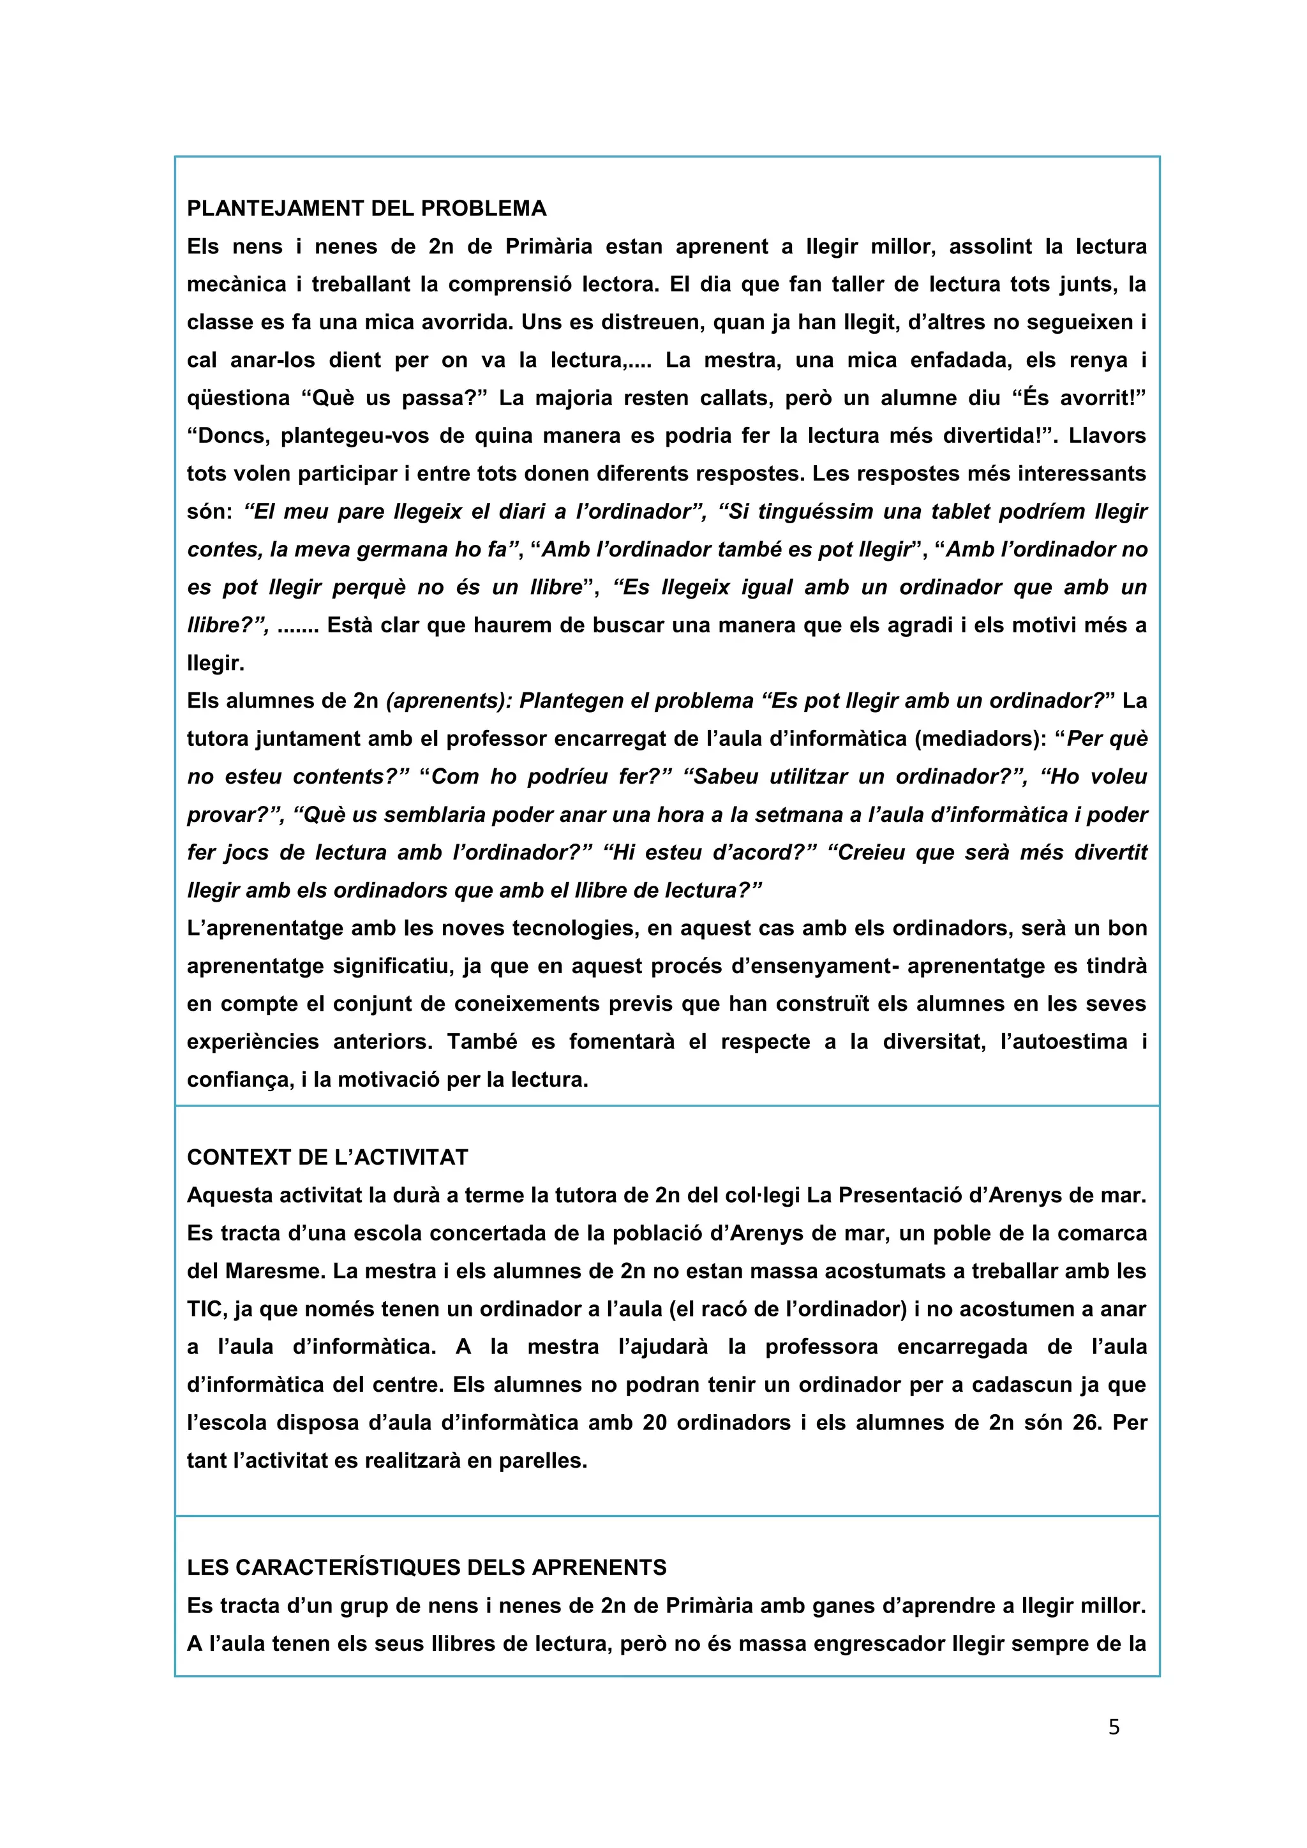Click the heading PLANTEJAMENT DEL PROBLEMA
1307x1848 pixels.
(x=366, y=209)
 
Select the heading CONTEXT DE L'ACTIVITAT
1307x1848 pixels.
(x=327, y=1158)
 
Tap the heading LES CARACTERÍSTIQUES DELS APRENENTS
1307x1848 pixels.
(x=426, y=1567)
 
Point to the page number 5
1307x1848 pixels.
(x=1114, y=1727)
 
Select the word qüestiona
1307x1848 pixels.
(x=238, y=398)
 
